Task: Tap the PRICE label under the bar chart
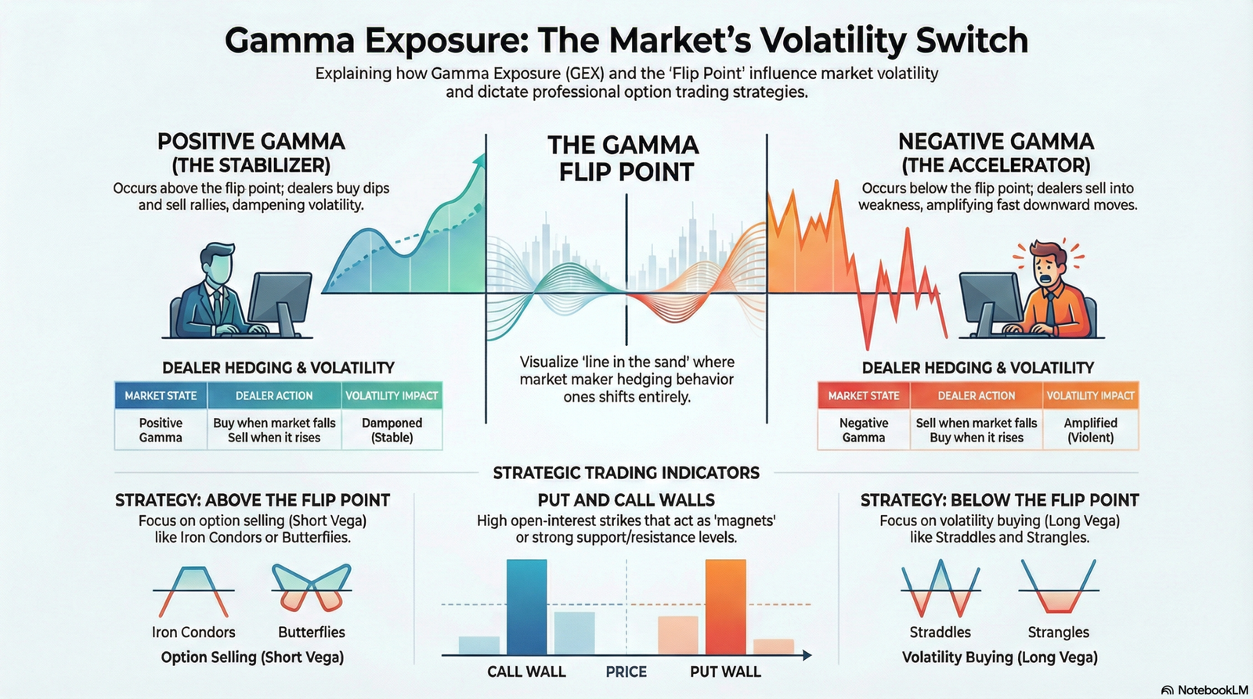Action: coord(626,672)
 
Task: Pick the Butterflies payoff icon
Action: coord(312,588)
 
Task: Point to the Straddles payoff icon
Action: coord(940,588)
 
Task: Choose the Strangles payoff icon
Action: coord(1058,588)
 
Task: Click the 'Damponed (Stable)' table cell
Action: coord(392,430)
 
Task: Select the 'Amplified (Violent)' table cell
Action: coord(1090,430)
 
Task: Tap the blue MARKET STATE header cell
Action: coord(161,395)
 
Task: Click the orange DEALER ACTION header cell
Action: coord(976,395)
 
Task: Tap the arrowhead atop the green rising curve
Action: coord(478,160)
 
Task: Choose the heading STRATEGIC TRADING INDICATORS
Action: coord(626,473)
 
